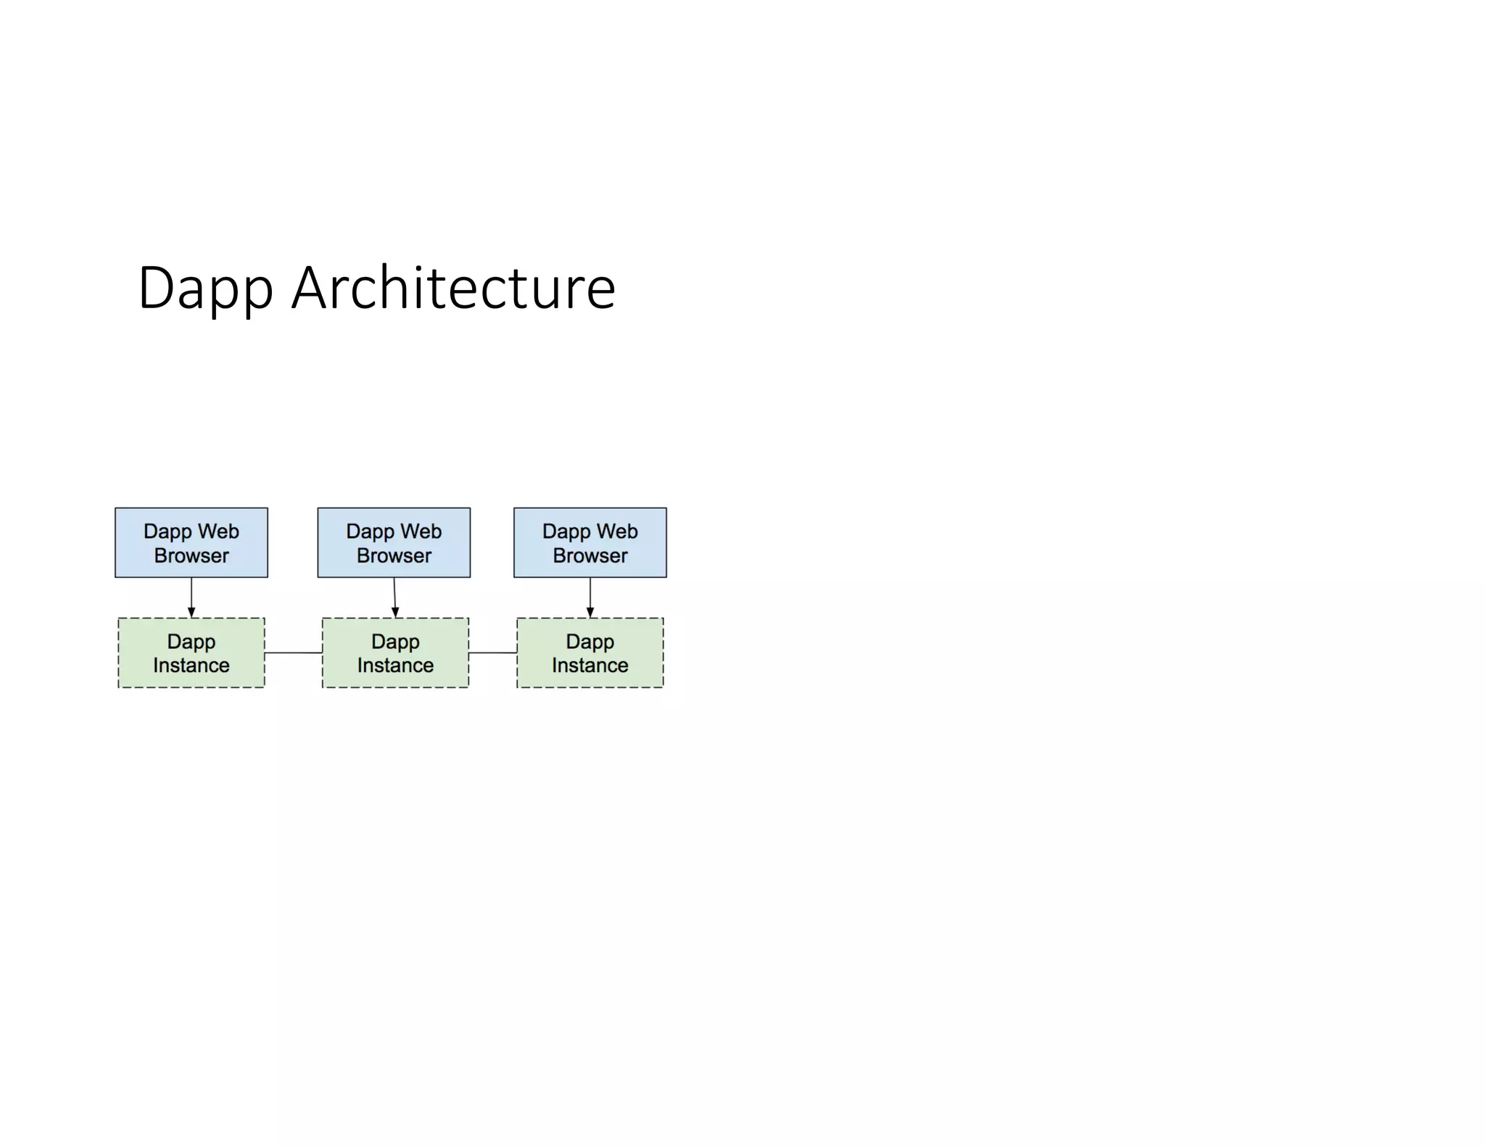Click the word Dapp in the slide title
pos(205,289)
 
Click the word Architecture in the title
pos(453,289)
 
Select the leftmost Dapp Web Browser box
pos(191,542)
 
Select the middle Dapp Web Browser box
pos(394,542)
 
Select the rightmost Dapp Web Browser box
pos(590,542)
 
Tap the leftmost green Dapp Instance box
pos(191,653)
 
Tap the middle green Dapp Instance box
pos(395,653)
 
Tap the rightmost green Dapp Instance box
pos(590,653)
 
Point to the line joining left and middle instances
pos(293,653)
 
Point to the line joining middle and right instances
pos(492,653)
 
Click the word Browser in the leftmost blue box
pos(191,555)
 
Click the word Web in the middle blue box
pos(421,531)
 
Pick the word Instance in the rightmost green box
pos(590,665)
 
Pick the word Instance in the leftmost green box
pos(191,665)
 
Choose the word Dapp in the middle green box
pos(395,642)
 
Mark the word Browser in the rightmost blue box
pos(590,555)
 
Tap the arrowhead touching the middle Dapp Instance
pos(395,613)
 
